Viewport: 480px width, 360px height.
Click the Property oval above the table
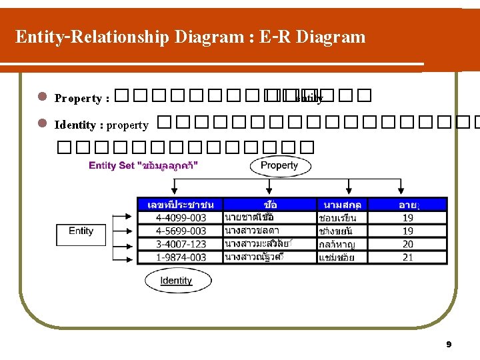(279, 165)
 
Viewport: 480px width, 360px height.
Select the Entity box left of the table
(81, 231)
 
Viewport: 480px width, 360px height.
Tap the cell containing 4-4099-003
(181, 218)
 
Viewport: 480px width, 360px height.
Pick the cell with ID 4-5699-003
(181, 231)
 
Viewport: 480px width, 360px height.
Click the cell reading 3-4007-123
(181, 244)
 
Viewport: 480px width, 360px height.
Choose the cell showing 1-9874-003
(181, 257)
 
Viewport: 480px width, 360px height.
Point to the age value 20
(408, 244)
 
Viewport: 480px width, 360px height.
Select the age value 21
(408, 257)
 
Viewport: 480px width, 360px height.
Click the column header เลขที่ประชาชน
(181, 205)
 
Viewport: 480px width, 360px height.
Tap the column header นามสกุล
(342, 205)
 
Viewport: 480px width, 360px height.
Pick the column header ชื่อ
(270, 205)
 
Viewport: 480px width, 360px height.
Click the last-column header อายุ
(408, 205)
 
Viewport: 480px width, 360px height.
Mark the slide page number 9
(449, 345)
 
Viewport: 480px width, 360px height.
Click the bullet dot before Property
(41, 97)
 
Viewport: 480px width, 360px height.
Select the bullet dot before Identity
(41, 123)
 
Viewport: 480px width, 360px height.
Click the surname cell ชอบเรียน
(338, 218)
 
